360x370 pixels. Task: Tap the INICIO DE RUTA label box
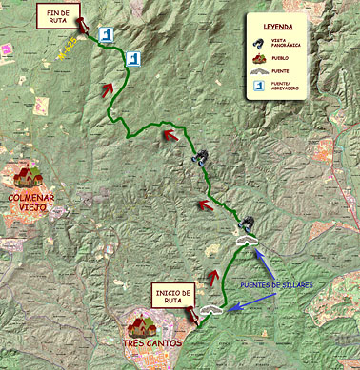[174, 296]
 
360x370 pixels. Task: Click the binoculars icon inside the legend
[258, 44]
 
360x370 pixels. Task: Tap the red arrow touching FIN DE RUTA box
[83, 24]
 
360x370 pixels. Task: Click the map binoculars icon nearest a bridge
[248, 226]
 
